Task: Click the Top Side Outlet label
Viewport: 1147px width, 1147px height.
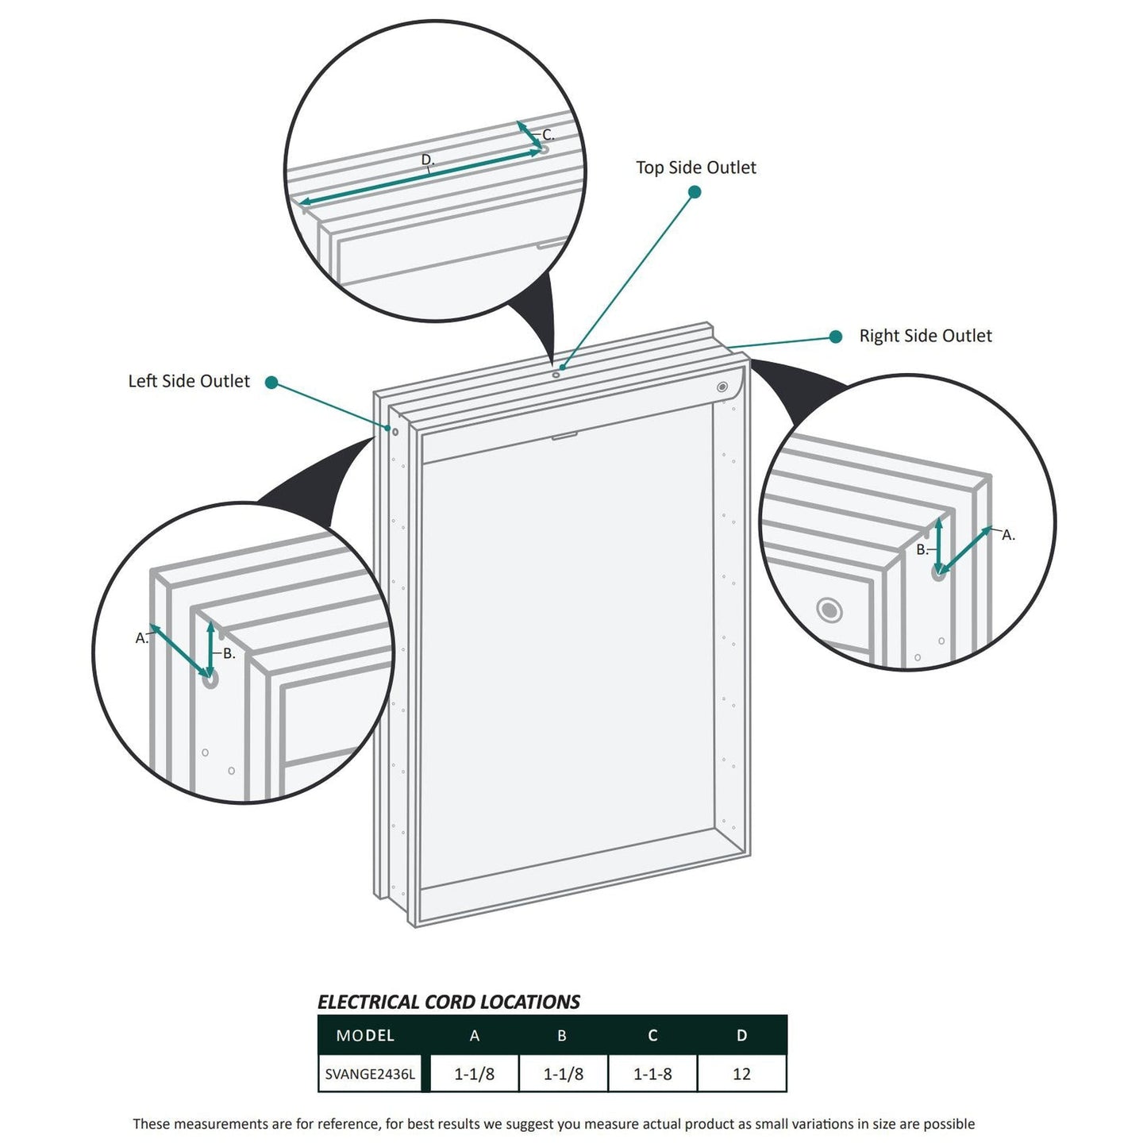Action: coord(695,167)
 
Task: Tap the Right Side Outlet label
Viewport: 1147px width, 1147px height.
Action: coord(925,336)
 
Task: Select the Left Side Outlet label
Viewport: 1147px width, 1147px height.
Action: coord(189,381)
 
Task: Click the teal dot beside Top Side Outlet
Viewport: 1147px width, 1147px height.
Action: coord(695,191)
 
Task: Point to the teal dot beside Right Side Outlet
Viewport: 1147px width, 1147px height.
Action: coord(835,337)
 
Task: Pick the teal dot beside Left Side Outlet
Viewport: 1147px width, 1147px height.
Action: coord(271,383)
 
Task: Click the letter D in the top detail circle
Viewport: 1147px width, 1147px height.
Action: coord(427,160)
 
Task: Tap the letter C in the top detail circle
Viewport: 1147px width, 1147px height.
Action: coord(547,135)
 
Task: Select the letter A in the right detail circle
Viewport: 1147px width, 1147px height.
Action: coord(1007,535)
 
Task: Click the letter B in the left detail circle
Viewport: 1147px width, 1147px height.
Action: coord(229,653)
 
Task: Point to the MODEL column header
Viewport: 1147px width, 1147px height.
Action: coord(365,1035)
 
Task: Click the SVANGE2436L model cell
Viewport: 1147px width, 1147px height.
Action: coord(370,1074)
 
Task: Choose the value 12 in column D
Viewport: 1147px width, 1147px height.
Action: coord(741,1074)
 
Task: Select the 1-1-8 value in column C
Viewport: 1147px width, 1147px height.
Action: coord(652,1074)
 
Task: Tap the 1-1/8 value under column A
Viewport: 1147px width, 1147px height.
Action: coord(474,1074)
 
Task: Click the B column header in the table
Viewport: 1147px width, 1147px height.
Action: coord(562,1035)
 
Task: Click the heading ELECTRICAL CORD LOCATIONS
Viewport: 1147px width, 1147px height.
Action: coord(448,1002)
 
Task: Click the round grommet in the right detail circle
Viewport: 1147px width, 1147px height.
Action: coord(829,610)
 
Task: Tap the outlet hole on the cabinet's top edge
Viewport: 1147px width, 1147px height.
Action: coord(556,374)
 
